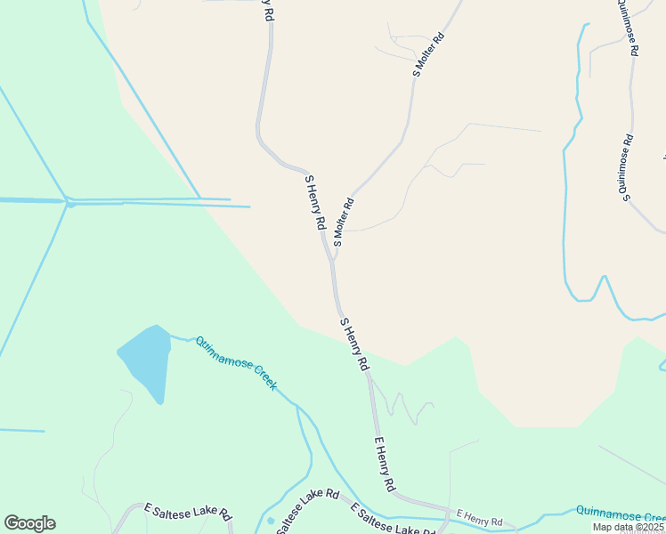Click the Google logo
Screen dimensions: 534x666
29,523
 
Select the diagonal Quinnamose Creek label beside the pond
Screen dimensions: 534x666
237,363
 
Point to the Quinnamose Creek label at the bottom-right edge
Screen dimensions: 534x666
620,514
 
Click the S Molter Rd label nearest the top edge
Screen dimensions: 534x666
428,56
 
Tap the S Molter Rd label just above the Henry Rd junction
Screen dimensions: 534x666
344,222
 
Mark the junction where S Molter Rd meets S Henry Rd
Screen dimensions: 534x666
332,261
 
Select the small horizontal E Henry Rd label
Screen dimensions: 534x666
479,517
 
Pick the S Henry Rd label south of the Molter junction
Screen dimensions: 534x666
354,344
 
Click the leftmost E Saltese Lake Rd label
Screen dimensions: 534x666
188,512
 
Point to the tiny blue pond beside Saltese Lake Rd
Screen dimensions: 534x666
271,521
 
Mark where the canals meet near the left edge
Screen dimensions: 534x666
69,202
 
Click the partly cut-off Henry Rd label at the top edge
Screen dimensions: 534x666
267,11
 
